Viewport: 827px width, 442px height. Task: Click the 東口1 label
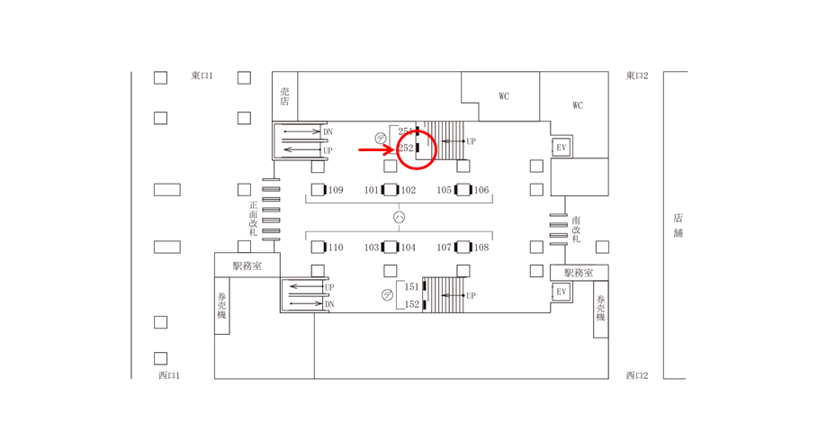pos(202,77)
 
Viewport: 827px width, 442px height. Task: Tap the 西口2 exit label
pos(637,375)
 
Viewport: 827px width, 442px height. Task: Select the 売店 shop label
pos(284,96)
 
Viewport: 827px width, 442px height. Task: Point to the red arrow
pos(376,149)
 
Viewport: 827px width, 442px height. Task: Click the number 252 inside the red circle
pos(406,149)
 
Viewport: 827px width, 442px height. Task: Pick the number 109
pos(336,191)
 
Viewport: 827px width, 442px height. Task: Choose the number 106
pos(481,191)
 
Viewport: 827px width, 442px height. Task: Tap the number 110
pos(336,248)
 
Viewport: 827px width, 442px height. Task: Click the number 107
pos(445,248)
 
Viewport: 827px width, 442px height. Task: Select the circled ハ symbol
pos(400,218)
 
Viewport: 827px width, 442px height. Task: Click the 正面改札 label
pos(254,219)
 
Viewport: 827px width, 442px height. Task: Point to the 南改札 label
pos(576,230)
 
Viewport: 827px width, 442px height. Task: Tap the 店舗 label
pos(678,225)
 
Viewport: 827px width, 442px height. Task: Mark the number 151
pos(411,287)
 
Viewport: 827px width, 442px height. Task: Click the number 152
pos(411,305)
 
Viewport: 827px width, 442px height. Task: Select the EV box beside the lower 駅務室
pos(562,292)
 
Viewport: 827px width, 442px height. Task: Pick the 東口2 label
pos(637,77)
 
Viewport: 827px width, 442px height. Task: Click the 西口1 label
pos(169,375)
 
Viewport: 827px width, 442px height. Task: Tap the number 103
pos(372,248)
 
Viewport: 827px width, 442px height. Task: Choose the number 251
pos(405,131)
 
